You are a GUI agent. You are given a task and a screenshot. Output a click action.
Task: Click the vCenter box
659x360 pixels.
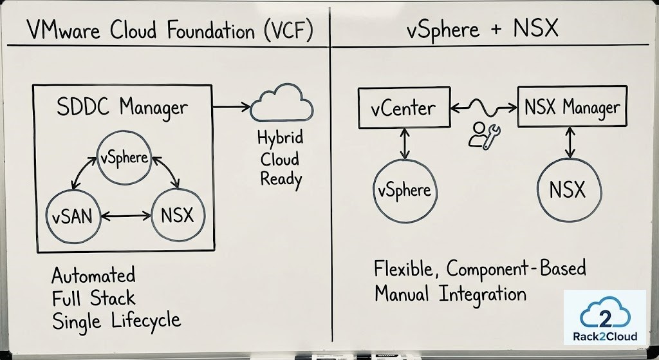coord(402,108)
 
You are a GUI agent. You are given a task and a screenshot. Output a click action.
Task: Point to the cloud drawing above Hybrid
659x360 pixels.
coord(279,105)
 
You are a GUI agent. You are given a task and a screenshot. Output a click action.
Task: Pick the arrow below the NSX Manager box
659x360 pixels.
coord(570,142)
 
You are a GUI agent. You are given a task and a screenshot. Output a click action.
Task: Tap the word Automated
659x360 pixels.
coord(94,276)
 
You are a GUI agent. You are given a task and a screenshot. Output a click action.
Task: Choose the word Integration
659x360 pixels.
coord(483,294)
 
